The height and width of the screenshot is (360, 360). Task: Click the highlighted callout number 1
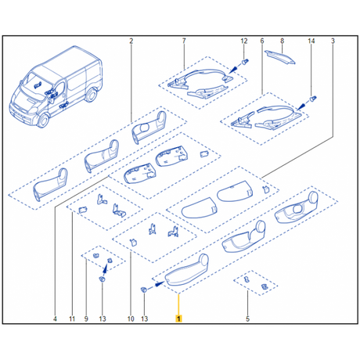[x=178, y=319]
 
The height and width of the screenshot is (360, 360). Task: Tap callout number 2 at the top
[x=131, y=41]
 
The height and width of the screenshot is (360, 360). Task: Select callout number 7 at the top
[x=184, y=41]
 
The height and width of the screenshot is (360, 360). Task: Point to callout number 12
[x=244, y=41]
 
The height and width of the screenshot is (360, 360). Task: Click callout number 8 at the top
[x=282, y=41]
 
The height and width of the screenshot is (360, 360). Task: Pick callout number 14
[x=311, y=41]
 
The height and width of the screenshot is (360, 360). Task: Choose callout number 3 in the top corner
[x=333, y=41]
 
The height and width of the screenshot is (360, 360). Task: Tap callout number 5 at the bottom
[x=247, y=319]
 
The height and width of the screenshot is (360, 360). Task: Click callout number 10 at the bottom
[x=131, y=319]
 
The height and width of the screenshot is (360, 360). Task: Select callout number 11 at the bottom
[x=72, y=319]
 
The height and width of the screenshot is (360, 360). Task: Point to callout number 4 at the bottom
[x=55, y=319]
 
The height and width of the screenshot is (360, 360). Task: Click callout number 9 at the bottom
[x=86, y=319]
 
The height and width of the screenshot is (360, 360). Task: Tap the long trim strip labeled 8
[x=280, y=57]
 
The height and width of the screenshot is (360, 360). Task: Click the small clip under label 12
[x=245, y=62]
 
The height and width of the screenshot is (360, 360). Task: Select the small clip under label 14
[x=313, y=99]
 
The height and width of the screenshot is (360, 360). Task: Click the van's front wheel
[x=43, y=121]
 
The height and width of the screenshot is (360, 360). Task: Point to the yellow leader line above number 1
[x=178, y=304]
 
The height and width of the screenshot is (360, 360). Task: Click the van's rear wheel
[x=92, y=95]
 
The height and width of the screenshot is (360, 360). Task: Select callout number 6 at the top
[x=262, y=41]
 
